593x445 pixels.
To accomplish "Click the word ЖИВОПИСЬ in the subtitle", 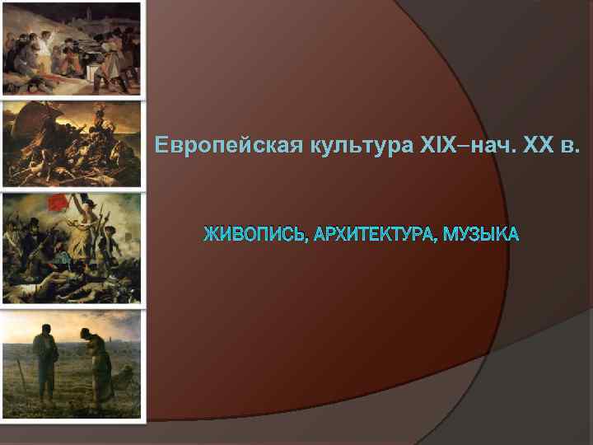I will tap(255, 235).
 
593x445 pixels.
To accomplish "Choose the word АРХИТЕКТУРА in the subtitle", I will tap(375, 235).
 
